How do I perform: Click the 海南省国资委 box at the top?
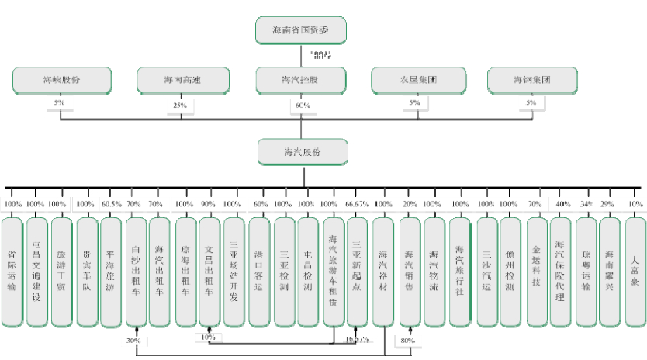(301, 30)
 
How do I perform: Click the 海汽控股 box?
(301, 80)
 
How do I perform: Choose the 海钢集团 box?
(532, 80)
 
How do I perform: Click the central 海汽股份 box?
(302, 152)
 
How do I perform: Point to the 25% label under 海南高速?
(180, 106)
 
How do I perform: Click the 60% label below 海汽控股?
(303, 106)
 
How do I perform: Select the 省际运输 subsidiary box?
(12, 271)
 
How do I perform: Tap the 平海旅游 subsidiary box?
(110, 271)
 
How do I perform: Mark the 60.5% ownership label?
(111, 204)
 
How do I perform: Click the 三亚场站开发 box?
(233, 271)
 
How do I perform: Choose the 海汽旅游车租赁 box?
(334, 271)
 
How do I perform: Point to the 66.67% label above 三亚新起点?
(357, 204)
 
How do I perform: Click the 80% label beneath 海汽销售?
(407, 341)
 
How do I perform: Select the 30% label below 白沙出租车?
(133, 341)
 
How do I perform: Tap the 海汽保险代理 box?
(560, 271)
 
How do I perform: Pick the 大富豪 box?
(635, 271)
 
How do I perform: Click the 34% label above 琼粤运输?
(586, 204)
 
